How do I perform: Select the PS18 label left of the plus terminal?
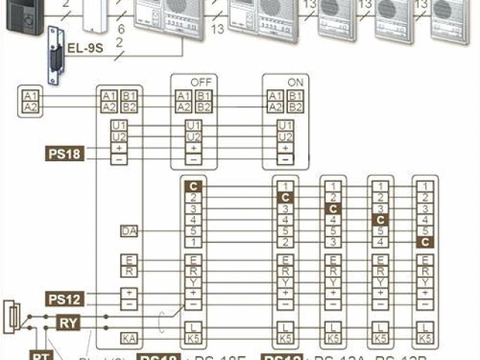[x=63, y=154]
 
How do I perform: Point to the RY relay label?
[x=67, y=322]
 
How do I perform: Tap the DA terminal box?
[x=127, y=232]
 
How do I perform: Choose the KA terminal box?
[x=127, y=339]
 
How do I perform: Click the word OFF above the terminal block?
[x=200, y=80]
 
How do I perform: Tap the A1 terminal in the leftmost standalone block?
[x=30, y=96]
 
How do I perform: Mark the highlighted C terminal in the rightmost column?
[x=425, y=242]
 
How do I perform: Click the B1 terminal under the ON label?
[x=295, y=96]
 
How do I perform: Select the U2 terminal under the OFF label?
[x=193, y=136]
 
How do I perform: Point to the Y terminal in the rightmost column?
[x=425, y=282]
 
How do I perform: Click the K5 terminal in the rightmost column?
[x=425, y=339]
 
